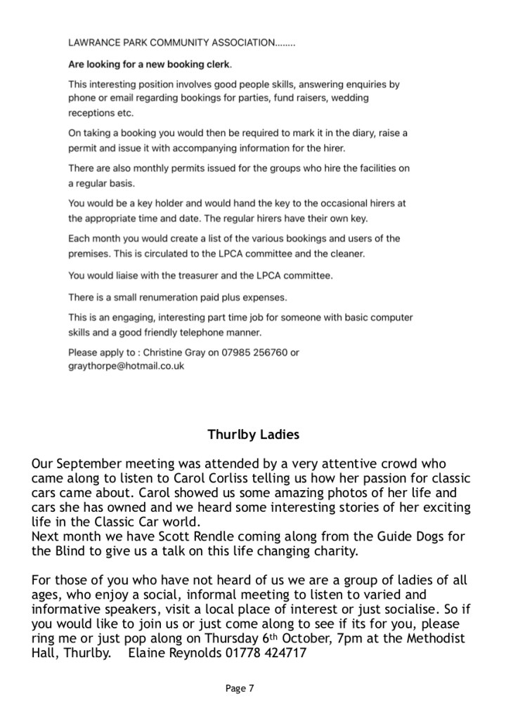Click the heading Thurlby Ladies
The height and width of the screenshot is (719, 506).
[253, 435]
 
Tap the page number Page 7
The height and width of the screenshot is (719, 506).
[240, 689]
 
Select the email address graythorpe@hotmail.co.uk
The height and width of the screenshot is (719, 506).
[126, 367]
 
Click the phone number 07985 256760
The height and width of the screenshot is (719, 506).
[259, 352]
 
